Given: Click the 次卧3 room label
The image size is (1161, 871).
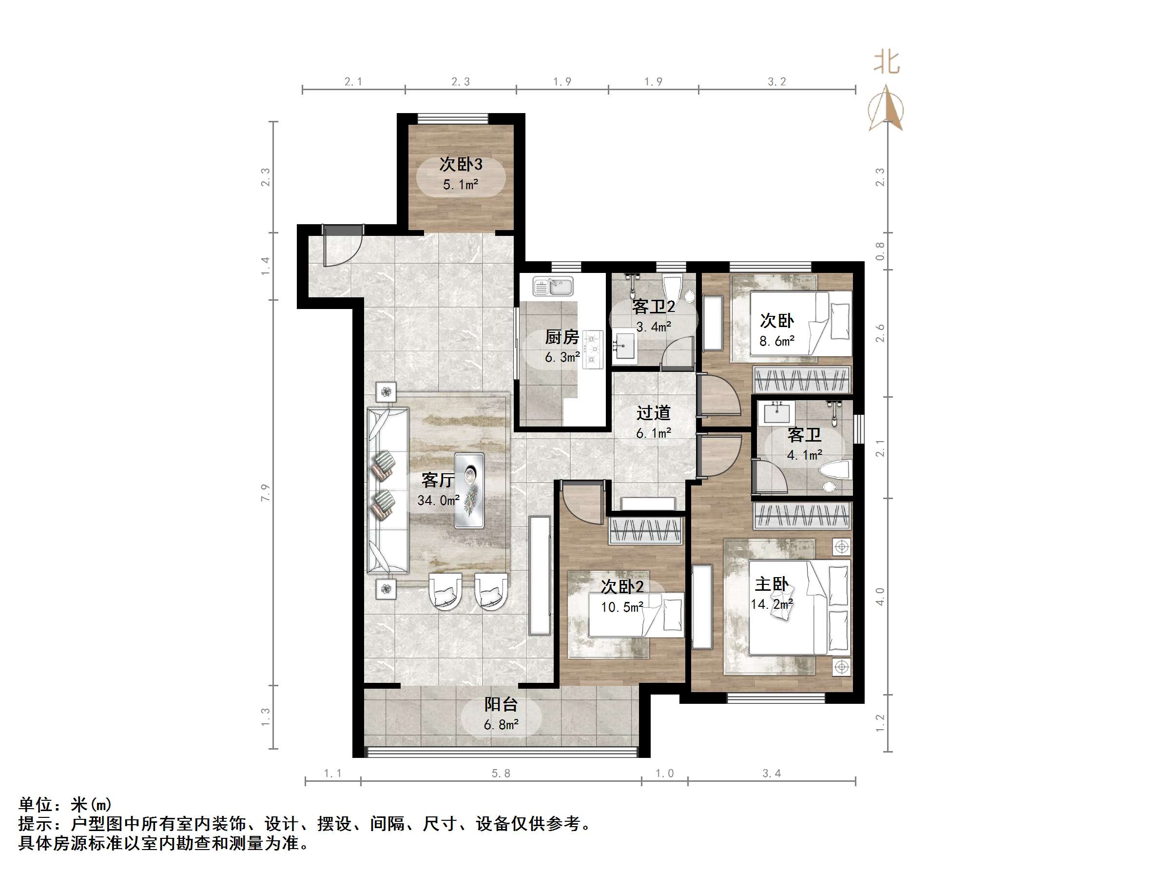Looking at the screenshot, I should click(460, 164).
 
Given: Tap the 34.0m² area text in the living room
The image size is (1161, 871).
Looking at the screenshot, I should click(438, 501).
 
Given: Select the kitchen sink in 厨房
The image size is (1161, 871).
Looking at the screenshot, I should click(553, 287).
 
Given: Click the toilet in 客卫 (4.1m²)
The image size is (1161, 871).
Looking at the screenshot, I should click(834, 471).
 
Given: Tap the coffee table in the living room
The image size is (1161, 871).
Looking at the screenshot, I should click(469, 490).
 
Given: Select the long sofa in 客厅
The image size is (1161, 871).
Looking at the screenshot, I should click(387, 490).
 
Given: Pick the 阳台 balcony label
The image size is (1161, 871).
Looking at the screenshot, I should click(501, 704).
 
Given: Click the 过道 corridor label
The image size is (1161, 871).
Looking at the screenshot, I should click(654, 413).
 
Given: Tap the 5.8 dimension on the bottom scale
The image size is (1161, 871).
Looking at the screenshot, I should click(501, 774).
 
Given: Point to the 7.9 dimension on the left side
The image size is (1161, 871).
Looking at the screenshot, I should click(265, 492).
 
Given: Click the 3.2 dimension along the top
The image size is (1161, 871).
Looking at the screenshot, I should click(777, 81).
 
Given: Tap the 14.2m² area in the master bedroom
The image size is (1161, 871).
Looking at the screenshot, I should click(772, 604).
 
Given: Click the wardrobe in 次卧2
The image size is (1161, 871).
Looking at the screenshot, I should click(646, 531).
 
